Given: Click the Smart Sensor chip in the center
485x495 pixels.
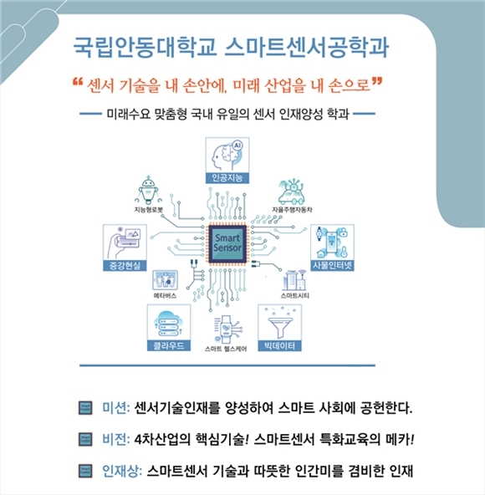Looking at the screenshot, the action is pyautogui.click(x=227, y=243).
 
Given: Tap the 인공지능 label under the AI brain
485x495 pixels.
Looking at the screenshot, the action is pyautogui.click(x=227, y=178).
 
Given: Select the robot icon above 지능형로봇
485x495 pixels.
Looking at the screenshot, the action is pyautogui.click(x=148, y=190).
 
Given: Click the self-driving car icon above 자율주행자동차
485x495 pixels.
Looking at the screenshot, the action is pyautogui.click(x=292, y=191).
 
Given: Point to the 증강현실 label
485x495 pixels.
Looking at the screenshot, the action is pyautogui.click(x=125, y=266).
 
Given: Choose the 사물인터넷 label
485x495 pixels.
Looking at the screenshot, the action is pyautogui.click(x=332, y=266).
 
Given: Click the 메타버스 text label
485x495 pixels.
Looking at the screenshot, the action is pyautogui.click(x=165, y=296).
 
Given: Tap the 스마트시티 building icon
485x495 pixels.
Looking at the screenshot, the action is pyautogui.click(x=294, y=280).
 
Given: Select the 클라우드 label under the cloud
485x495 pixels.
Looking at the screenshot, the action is pyautogui.click(x=169, y=345).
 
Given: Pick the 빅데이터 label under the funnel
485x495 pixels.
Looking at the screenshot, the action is pyautogui.click(x=280, y=345).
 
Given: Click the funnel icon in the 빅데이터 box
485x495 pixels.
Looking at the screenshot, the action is pyautogui.click(x=280, y=326).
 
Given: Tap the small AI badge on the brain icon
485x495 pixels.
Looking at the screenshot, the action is pyautogui.click(x=237, y=145).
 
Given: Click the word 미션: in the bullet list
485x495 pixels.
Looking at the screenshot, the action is pyautogui.click(x=116, y=408).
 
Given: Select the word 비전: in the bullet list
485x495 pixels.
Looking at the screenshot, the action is pyautogui.click(x=116, y=439).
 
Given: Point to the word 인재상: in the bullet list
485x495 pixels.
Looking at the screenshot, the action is pyautogui.click(x=122, y=471).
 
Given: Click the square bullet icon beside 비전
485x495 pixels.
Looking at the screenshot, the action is pyautogui.click(x=85, y=439).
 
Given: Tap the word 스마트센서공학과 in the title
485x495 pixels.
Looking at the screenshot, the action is pyautogui.click(x=307, y=48).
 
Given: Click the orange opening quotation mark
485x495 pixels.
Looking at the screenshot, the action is pyautogui.click(x=78, y=82).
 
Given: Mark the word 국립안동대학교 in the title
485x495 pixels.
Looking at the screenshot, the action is pyautogui.click(x=145, y=48).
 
